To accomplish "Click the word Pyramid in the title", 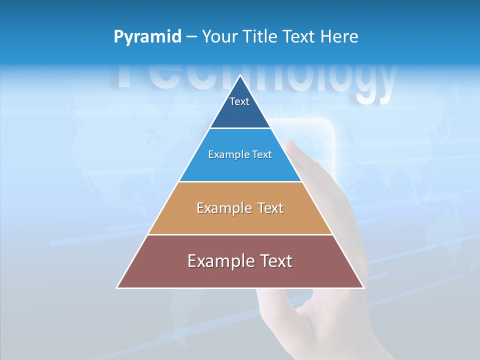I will (147, 36).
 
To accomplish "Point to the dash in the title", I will (191, 37).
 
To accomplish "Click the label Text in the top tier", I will (239, 101).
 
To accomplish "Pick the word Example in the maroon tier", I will (218, 260).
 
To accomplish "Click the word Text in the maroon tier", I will (274, 260).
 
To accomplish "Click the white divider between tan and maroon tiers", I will (240, 234).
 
